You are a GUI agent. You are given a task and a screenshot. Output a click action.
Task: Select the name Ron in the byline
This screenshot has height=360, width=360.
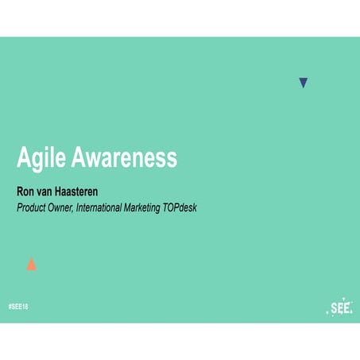coord(27,191)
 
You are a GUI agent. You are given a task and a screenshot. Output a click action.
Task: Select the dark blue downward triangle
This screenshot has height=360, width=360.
coord(303,82)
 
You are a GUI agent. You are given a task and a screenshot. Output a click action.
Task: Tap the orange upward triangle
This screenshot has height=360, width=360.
coord(31,265)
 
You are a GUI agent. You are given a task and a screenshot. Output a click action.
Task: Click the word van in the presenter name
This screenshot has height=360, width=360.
coord(49,191)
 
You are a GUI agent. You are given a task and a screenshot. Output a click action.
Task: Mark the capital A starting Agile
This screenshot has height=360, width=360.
coord(25,158)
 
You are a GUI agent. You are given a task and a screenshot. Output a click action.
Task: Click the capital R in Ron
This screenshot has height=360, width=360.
coord(21,191)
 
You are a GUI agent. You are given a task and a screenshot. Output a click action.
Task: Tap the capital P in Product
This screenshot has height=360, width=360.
coord(20,207)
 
